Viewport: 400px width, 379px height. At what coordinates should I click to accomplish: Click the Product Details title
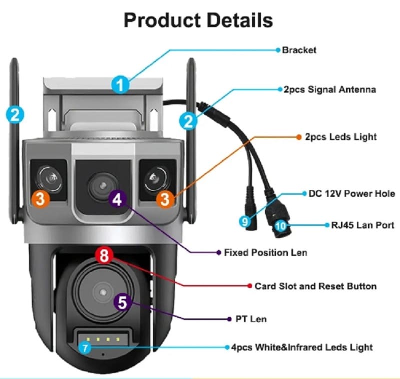[x=198, y=21]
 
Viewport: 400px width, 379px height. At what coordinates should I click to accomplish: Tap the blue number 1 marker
[x=119, y=84]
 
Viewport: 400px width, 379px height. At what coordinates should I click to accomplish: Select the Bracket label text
[x=299, y=50]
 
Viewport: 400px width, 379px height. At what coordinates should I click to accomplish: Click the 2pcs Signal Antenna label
[x=329, y=90]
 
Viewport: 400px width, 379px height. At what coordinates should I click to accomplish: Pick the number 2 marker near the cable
[x=188, y=120]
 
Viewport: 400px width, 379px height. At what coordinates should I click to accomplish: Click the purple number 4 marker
[x=117, y=199]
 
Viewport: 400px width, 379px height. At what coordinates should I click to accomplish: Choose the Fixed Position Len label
[x=265, y=252]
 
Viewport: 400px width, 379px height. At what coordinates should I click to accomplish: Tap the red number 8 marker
[x=104, y=256]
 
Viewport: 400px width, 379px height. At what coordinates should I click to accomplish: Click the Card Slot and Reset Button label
[x=315, y=286]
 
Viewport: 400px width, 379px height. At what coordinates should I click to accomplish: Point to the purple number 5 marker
[x=123, y=301]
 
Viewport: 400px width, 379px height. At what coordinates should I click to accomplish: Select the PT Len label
[x=251, y=318]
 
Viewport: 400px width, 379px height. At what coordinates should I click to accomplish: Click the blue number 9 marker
[x=244, y=221]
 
